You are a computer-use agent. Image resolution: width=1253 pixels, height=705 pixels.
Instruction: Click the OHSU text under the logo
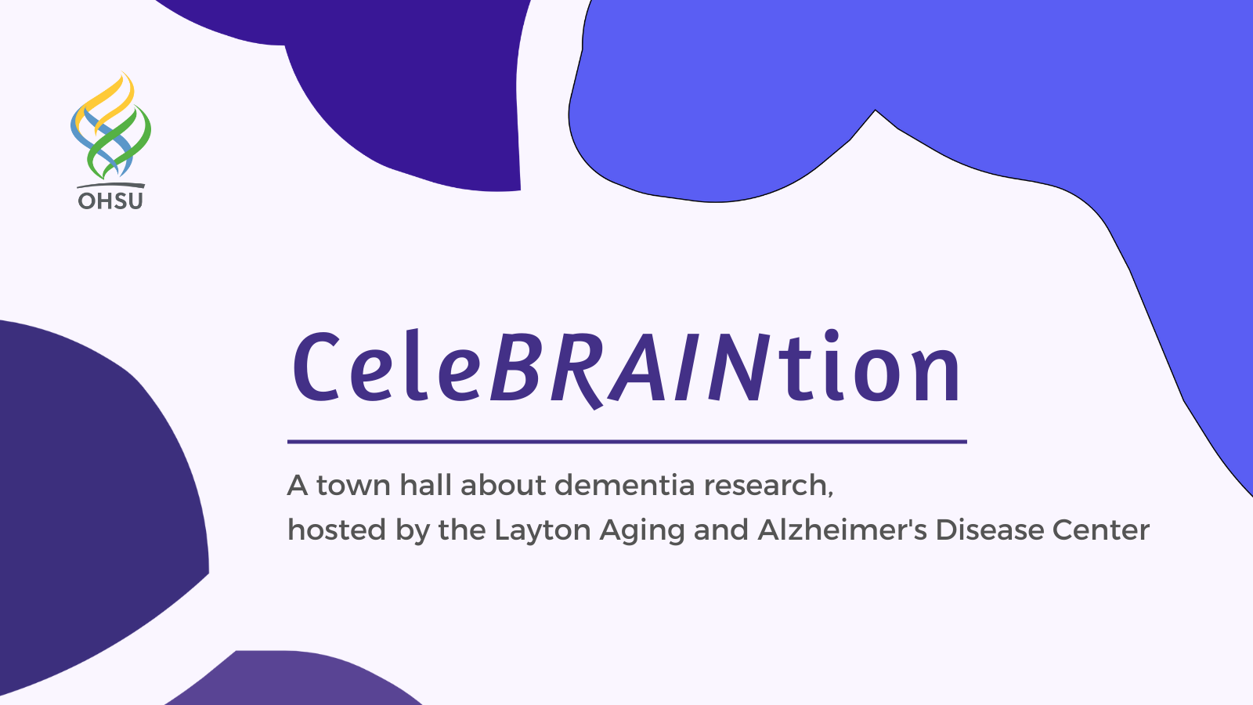click(110, 201)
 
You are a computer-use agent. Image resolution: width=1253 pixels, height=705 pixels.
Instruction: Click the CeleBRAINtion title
click(626, 367)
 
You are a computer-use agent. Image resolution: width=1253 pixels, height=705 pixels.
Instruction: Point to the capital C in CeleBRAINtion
click(316, 367)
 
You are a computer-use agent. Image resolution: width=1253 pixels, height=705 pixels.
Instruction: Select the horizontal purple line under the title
click(627, 442)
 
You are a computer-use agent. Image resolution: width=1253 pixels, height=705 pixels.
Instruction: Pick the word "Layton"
click(543, 530)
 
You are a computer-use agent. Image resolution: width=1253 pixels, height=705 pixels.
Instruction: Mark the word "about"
click(503, 485)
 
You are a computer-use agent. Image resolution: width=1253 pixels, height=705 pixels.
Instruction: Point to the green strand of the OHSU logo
click(118, 143)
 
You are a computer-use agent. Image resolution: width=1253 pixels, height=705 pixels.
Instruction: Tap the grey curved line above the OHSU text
click(110, 185)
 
